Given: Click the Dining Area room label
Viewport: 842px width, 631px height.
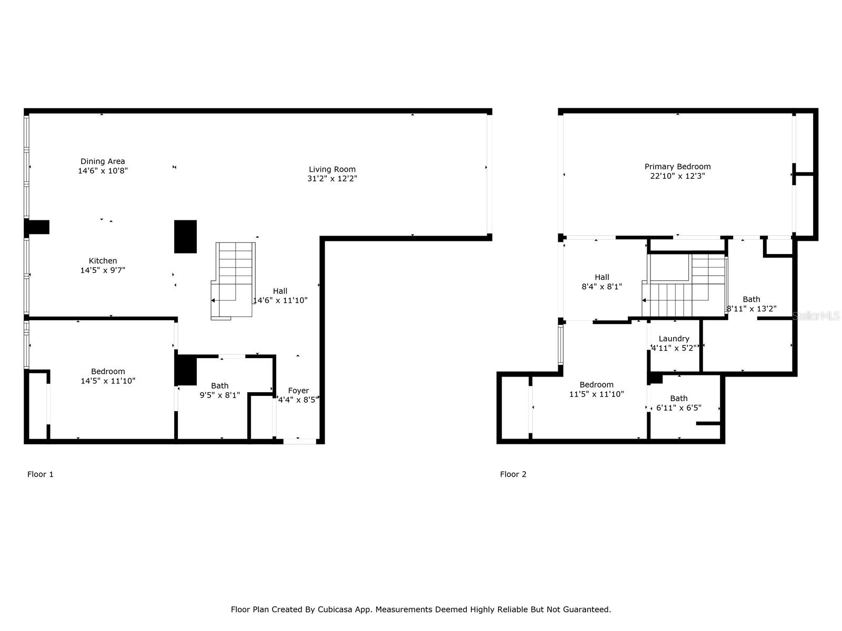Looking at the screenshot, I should pyautogui.click(x=103, y=161).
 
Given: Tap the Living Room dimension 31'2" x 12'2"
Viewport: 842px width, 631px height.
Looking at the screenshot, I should pyautogui.click(x=332, y=179).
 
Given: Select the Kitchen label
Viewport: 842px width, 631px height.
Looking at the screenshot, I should pyautogui.click(x=103, y=261).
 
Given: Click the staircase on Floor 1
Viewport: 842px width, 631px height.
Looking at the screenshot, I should pyautogui.click(x=235, y=279).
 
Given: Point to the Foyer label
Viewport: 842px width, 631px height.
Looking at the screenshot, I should pyautogui.click(x=298, y=391).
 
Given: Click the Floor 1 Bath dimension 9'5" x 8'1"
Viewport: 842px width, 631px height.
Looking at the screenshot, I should pyautogui.click(x=219, y=395).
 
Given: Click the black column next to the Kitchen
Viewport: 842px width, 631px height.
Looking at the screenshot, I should pyautogui.click(x=185, y=237).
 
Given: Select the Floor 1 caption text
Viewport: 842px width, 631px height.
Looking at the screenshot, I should pyautogui.click(x=41, y=474).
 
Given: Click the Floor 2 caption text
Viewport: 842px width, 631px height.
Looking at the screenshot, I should pyautogui.click(x=513, y=474).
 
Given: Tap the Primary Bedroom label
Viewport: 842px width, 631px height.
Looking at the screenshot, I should pyautogui.click(x=677, y=167).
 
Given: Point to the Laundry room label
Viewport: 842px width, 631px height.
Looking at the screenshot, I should pyautogui.click(x=674, y=339).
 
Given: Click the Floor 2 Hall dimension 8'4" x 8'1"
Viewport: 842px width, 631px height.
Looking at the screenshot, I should pyautogui.click(x=602, y=287).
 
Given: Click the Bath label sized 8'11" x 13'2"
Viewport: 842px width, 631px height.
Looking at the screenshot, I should pyautogui.click(x=751, y=299).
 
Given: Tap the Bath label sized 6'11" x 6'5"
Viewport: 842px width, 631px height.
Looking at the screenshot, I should pyautogui.click(x=678, y=399).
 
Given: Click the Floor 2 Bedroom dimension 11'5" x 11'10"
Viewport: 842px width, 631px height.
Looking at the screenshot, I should pyautogui.click(x=596, y=394).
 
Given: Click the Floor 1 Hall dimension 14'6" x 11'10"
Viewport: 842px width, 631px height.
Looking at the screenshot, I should pyautogui.click(x=280, y=301).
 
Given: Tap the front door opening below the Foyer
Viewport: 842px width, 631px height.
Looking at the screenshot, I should pyautogui.click(x=299, y=441).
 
